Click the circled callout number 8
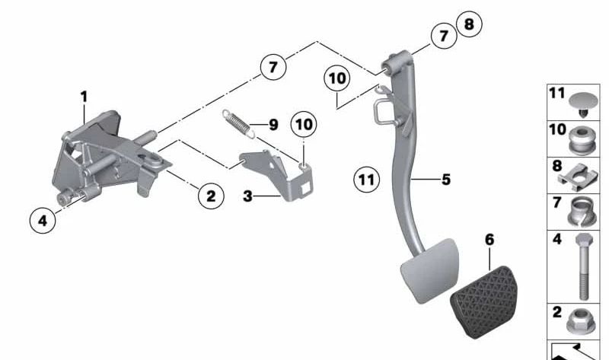click(x=469, y=24)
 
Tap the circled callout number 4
click(x=43, y=221)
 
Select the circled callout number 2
click(x=211, y=196)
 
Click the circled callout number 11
click(x=367, y=180)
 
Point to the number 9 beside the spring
click(x=274, y=125)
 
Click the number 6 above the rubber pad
click(x=489, y=240)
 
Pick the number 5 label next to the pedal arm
click(x=446, y=180)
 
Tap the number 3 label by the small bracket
click(x=247, y=196)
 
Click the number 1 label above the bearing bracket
click(x=84, y=97)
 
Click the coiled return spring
click(x=238, y=123)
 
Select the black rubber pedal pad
click(x=485, y=301)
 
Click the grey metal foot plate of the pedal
click(x=430, y=270)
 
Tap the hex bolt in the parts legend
click(x=584, y=267)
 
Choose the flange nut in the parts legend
click(x=580, y=321)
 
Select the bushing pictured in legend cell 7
click(x=581, y=212)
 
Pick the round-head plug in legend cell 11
click(x=583, y=104)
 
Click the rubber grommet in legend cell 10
click(x=582, y=140)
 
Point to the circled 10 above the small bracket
click(x=304, y=124)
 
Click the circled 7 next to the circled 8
click(x=444, y=36)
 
